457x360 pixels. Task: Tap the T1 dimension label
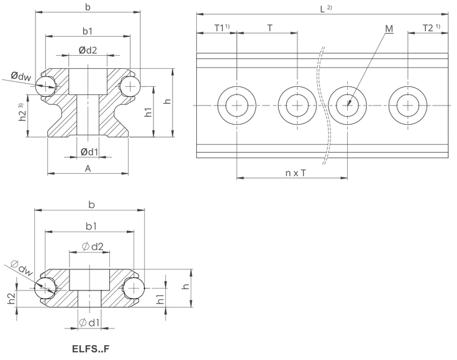tap(218, 28)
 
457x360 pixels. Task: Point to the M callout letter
tap(389, 28)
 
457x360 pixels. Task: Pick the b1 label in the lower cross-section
tap(91, 225)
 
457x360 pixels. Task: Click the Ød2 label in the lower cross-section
tap(91, 247)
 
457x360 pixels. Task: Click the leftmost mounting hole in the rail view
tap(236, 106)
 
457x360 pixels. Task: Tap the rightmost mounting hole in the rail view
tap(407, 106)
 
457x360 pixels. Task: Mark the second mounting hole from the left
tap(297, 106)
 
